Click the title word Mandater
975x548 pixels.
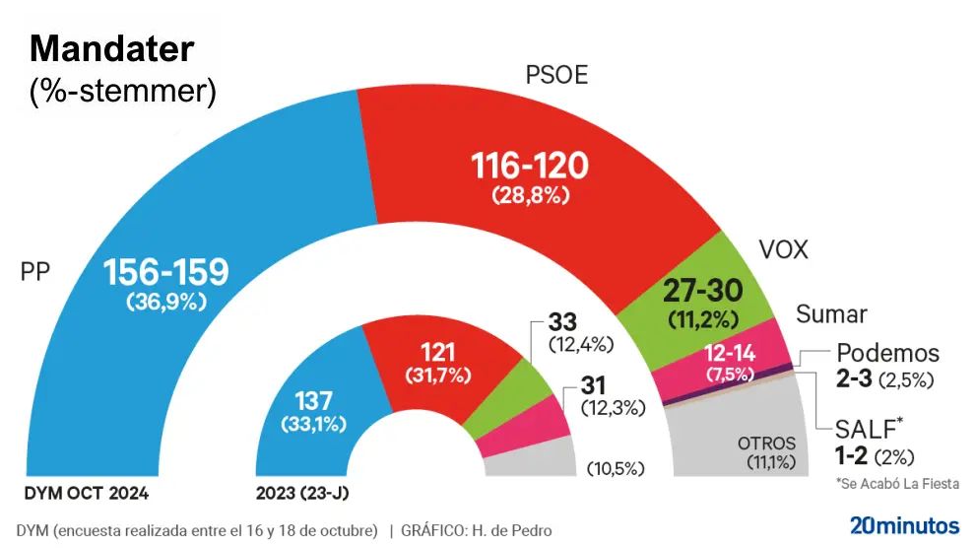point(112,48)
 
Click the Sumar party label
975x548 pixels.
point(831,314)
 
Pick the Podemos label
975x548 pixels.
point(887,353)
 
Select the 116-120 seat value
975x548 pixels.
point(529,166)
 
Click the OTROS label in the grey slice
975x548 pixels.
point(767,444)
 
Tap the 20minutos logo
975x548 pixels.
point(904,524)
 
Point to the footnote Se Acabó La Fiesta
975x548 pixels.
point(896,484)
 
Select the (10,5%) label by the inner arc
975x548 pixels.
point(617,467)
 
